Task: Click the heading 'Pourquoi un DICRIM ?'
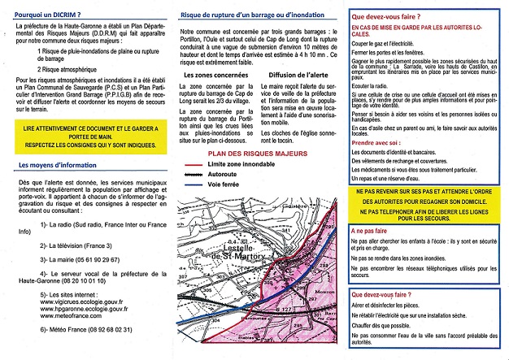click(48, 14)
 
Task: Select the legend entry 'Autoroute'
click(241, 174)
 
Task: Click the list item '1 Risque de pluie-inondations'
click(98, 51)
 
